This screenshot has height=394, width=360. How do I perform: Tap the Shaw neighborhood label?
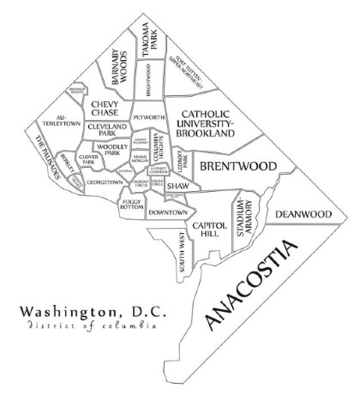177,185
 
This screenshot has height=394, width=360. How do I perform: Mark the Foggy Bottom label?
132,205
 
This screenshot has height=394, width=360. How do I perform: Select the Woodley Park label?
112,152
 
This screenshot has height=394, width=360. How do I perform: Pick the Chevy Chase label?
108,109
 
